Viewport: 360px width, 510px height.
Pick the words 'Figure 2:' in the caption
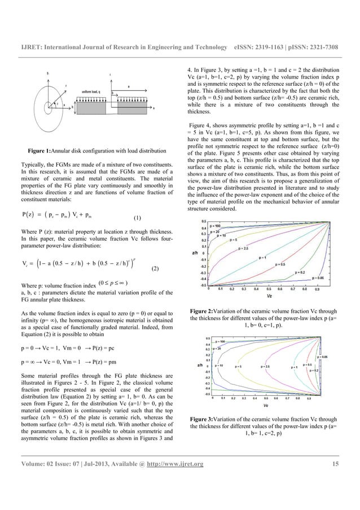point(205,311)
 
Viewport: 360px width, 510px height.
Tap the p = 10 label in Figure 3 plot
point(219,367)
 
